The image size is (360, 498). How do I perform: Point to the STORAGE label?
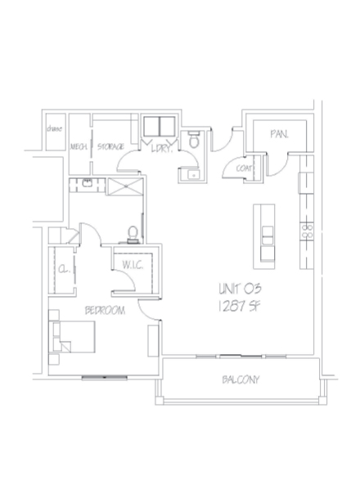point(111,147)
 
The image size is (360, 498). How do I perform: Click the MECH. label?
point(79,147)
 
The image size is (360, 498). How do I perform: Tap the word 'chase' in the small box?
point(56,129)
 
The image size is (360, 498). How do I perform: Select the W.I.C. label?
point(133,266)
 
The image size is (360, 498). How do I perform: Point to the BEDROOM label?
point(104,311)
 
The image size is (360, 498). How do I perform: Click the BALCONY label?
point(241,380)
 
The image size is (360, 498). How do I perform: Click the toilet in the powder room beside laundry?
point(194,140)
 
